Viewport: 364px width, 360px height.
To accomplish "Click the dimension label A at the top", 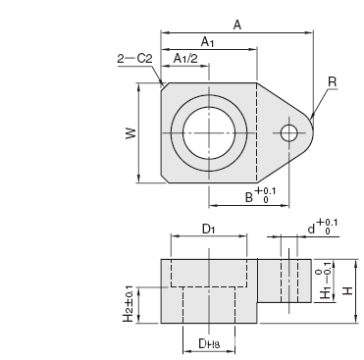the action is [237, 25].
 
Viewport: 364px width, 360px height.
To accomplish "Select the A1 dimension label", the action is [207, 42].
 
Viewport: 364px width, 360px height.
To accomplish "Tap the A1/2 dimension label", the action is [185, 58].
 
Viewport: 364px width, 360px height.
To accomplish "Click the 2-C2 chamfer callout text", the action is [134, 59].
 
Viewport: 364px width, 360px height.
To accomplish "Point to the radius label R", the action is [332, 81].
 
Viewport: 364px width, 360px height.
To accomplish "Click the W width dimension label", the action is [130, 132].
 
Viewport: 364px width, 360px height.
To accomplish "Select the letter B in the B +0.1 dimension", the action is [249, 197].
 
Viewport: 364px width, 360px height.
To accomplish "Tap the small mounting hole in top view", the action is [288, 133].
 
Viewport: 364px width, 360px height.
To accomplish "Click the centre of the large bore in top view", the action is [209, 133].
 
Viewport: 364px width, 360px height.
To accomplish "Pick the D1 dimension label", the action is [208, 230].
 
